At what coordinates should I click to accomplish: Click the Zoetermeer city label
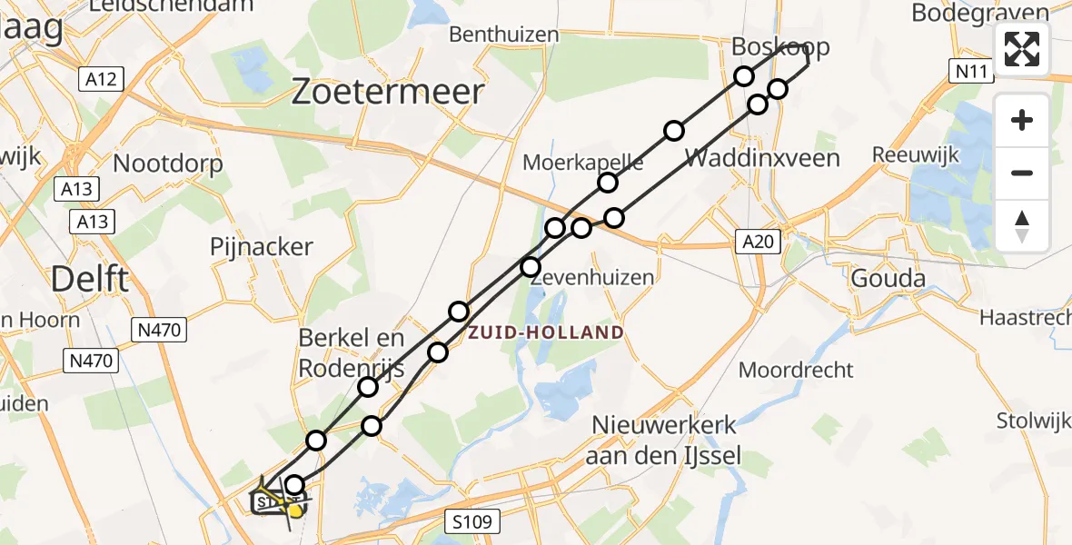tap(387, 93)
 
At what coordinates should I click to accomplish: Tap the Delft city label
tap(89, 280)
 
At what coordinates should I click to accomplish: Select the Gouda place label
tap(888, 279)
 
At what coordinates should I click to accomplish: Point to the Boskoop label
tap(781, 47)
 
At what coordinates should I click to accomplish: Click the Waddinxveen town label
tap(761, 158)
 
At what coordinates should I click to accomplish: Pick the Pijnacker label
tap(261, 247)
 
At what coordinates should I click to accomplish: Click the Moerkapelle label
tap(583, 163)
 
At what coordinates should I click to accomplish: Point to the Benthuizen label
tap(504, 35)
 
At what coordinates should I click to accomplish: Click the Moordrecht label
tap(796, 370)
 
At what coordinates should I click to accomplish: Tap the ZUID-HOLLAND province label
tap(546, 332)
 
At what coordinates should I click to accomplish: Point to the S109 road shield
tap(471, 522)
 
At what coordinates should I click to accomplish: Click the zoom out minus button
tap(1022, 173)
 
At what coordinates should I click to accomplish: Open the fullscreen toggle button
tap(1022, 49)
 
